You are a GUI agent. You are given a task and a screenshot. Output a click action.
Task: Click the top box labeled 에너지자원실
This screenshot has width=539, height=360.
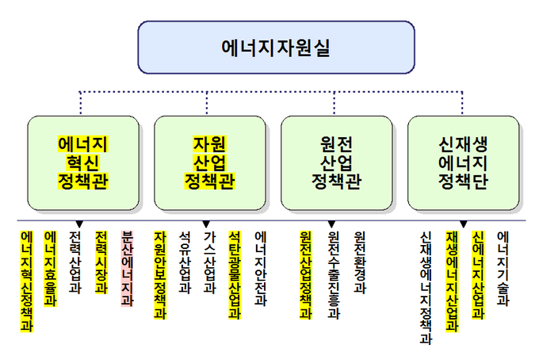pos(276,48)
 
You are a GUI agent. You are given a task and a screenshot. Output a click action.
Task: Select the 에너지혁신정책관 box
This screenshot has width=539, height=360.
pos(83,163)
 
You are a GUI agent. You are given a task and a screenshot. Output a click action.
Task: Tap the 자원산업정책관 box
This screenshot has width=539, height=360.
pos(210,163)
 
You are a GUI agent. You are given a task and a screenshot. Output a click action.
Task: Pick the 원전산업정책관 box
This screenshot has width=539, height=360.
pos(337,163)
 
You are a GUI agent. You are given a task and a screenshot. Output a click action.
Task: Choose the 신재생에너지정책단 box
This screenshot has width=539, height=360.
pos(463,163)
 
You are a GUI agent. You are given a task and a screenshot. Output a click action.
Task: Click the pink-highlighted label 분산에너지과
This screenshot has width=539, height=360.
pos(127,268)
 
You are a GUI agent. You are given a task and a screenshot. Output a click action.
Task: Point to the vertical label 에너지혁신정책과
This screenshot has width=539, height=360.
pos(27,281)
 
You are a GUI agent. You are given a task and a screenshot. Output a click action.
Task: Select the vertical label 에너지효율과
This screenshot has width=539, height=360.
pos(50,268)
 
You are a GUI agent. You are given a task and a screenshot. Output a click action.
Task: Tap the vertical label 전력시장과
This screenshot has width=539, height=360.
pos(101,262)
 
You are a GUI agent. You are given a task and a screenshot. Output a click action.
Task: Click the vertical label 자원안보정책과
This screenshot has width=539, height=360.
pos(160,274)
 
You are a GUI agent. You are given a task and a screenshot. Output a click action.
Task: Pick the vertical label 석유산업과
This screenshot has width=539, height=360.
pos(185,262)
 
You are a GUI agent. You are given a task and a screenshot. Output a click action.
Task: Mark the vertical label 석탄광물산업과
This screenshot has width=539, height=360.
pos(235,274)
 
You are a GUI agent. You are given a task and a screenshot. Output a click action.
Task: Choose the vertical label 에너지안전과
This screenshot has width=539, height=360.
pos(261,268)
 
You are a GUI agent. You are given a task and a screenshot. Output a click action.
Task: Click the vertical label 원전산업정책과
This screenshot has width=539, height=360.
pos(306,274)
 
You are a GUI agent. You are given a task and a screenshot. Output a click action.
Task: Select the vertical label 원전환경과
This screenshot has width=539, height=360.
pos(360,262)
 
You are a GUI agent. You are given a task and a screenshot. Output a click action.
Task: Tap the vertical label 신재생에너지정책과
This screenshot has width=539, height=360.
pos(426,288)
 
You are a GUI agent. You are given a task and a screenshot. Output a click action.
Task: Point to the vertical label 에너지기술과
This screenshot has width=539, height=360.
pos(503,268)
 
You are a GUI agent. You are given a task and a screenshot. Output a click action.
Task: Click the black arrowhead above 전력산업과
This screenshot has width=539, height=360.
pos(79,224)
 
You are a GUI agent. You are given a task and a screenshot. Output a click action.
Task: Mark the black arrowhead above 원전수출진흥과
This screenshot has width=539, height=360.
pos(331,224)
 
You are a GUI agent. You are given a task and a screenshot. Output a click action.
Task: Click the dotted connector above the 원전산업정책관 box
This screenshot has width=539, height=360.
pos(334,103)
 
